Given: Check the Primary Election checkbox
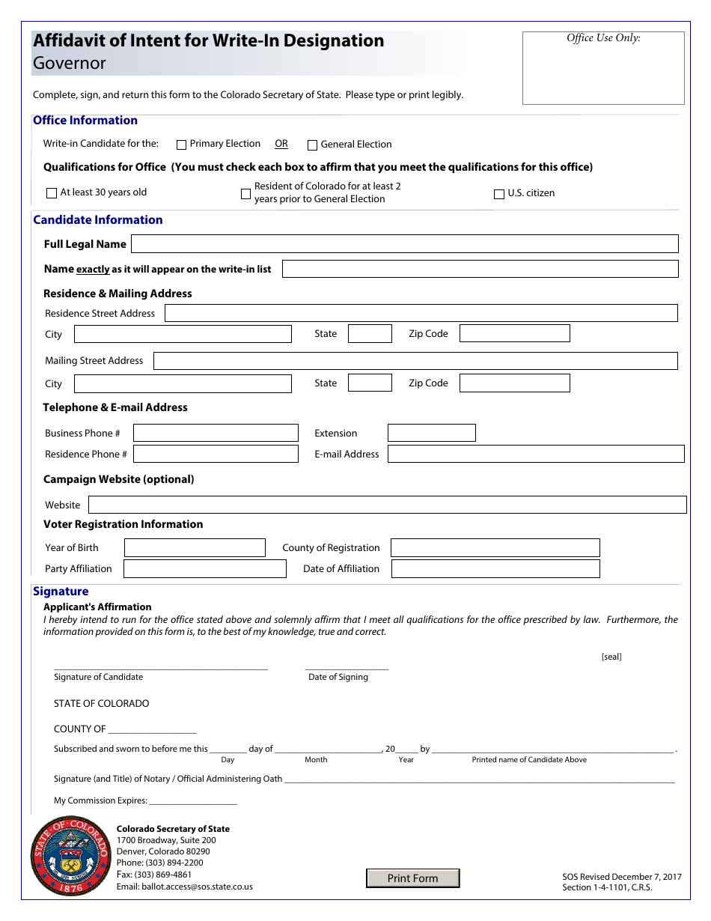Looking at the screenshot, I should [181, 145].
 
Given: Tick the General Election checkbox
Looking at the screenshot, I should [313, 145].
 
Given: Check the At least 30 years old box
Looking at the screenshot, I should [52, 193].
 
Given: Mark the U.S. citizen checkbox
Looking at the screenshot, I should [499, 194].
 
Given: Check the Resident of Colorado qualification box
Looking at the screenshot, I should [245, 194].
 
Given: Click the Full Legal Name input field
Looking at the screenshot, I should [404, 243].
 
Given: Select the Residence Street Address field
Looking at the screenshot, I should [421, 313].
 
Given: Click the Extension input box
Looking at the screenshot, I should [431, 433].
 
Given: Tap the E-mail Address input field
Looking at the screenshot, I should [535, 454].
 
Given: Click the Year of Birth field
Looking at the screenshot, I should [195, 547].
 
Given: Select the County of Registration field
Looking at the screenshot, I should [495, 547].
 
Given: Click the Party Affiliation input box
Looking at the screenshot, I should [204, 569].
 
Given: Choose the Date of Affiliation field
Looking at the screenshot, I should [495, 569].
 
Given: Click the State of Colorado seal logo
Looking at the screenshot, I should [70, 856].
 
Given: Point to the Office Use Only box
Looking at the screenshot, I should [603, 68].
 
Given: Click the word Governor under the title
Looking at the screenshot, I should [70, 64].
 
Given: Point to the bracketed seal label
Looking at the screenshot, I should [611, 657].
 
